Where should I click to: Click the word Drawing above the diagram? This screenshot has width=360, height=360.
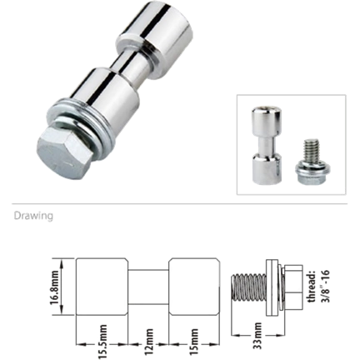point(33,215)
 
